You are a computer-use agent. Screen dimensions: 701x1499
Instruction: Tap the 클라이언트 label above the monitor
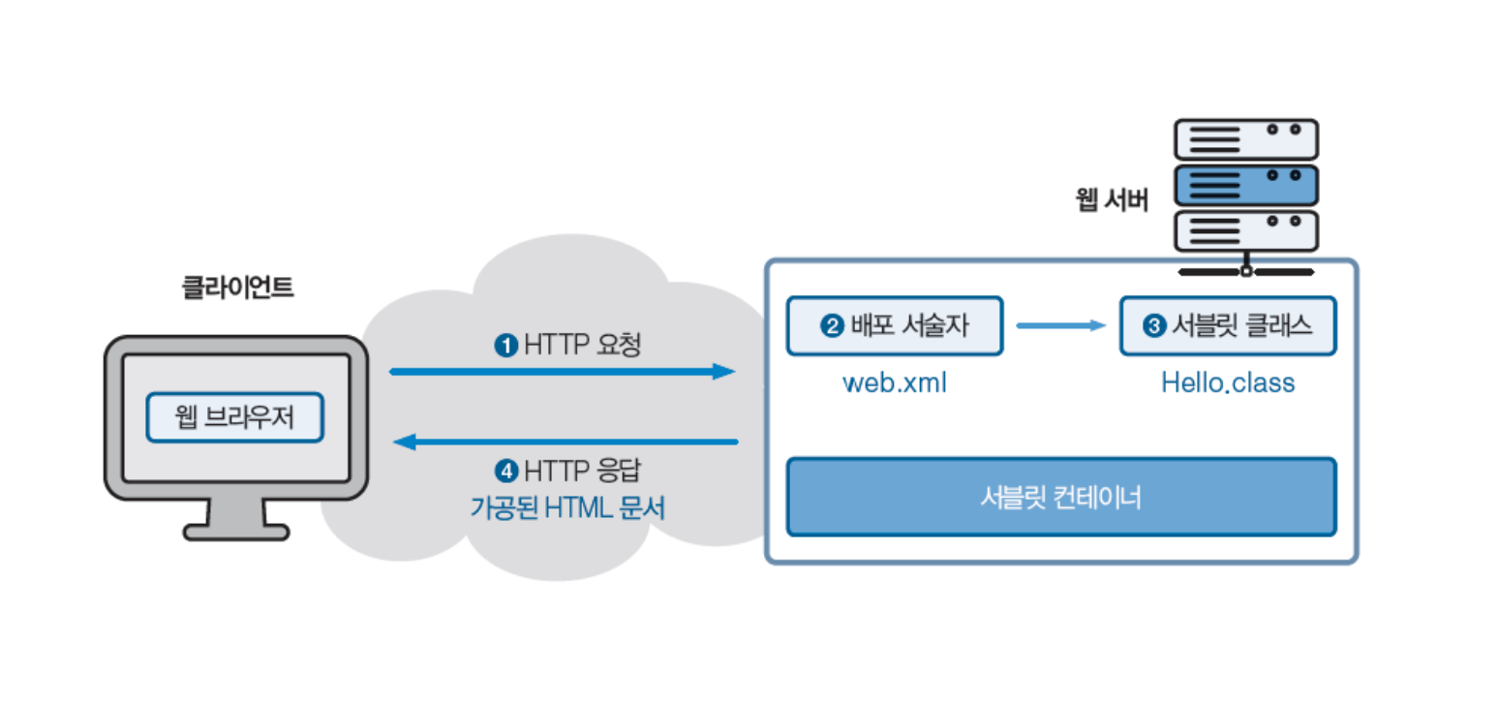coord(237,288)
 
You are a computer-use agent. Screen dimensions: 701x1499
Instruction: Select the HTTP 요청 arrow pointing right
coord(562,371)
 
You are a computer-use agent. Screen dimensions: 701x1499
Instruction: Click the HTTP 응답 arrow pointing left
coord(566,442)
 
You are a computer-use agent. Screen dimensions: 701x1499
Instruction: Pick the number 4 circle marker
coord(505,472)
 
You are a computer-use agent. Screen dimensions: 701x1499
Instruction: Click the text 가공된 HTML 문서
coord(568,507)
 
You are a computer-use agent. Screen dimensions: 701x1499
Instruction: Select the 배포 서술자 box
coord(893,326)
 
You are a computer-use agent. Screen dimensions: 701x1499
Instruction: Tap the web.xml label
coord(894,382)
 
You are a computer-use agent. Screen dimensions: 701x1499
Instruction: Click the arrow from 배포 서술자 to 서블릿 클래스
coord(1060,326)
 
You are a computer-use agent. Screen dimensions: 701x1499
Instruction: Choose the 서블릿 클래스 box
coord(1227,326)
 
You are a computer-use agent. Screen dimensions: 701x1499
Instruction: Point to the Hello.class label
coord(1228,382)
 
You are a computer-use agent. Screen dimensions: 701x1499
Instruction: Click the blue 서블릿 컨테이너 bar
coord(1060,498)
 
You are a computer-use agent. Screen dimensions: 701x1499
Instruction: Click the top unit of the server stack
coord(1245,139)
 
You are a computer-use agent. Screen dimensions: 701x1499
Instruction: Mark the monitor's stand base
coord(236,532)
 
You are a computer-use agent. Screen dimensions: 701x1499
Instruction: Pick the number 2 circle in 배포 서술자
coord(831,326)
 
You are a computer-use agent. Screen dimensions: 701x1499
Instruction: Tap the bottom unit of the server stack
coord(1245,231)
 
